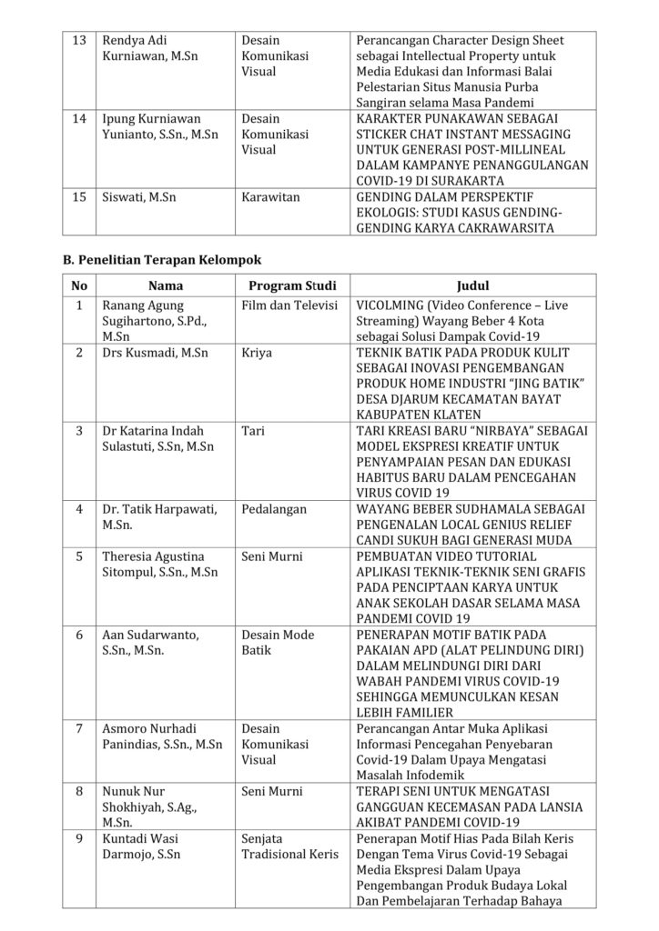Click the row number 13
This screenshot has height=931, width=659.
pos(79,40)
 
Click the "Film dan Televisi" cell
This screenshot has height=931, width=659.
pos(289,306)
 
